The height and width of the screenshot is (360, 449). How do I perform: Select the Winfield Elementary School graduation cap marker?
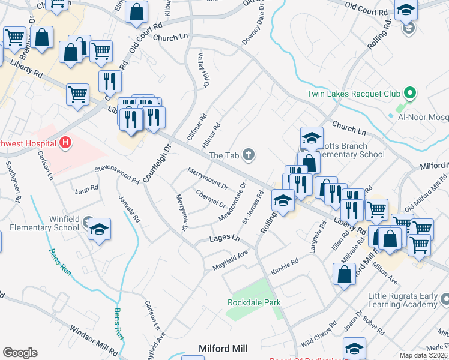pyautogui.click(x=100, y=230)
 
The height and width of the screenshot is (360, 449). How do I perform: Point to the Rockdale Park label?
pyautogui.click(x=254, y=302)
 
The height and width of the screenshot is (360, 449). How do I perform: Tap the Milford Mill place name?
pyautogui.click(x=223, y=348)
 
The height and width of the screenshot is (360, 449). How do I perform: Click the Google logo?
pyautogui.click(x=20, y=353)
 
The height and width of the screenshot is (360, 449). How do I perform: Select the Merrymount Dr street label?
pyautogui.click(x=208, y=178)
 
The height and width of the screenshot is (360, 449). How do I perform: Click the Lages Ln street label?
pyautogui.click(x=224, y=239)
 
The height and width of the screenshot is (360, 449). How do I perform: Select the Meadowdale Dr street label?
pyautogui.click(x=235, y=201)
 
